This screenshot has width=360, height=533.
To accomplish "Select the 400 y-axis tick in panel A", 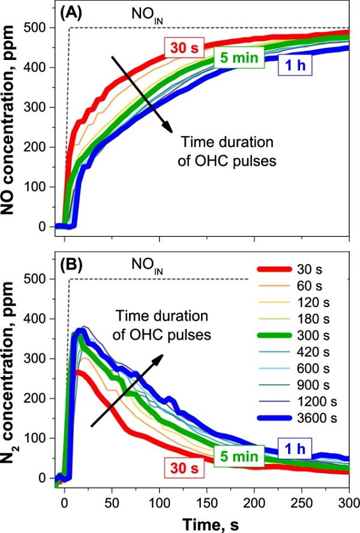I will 44,68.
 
